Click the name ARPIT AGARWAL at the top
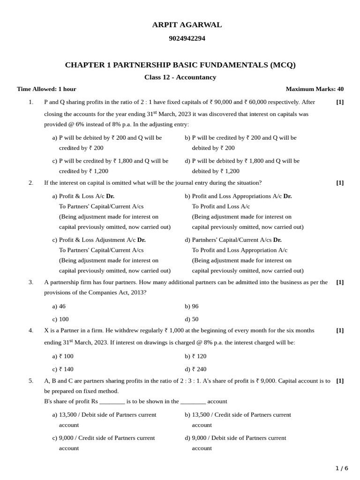pos(187,25)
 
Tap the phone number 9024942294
pos(187,38)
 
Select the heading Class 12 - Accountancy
pos(180,77)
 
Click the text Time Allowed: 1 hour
pos(46,89)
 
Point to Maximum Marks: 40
pos(314,89)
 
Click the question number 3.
pos(31,282)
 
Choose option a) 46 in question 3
pos(59,306)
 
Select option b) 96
pos(191,306)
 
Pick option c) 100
pos(60,319)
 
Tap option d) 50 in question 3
pos(191,319)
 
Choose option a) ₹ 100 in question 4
pos(63,356)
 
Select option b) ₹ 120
pos(195,356)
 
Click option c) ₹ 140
pos(63,369)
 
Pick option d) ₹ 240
pos(195,369)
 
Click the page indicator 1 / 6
pos(342,468)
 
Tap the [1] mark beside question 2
pos(340,183)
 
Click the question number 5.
pos(31,381)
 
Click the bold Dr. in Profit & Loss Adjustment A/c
pos(141,240)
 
